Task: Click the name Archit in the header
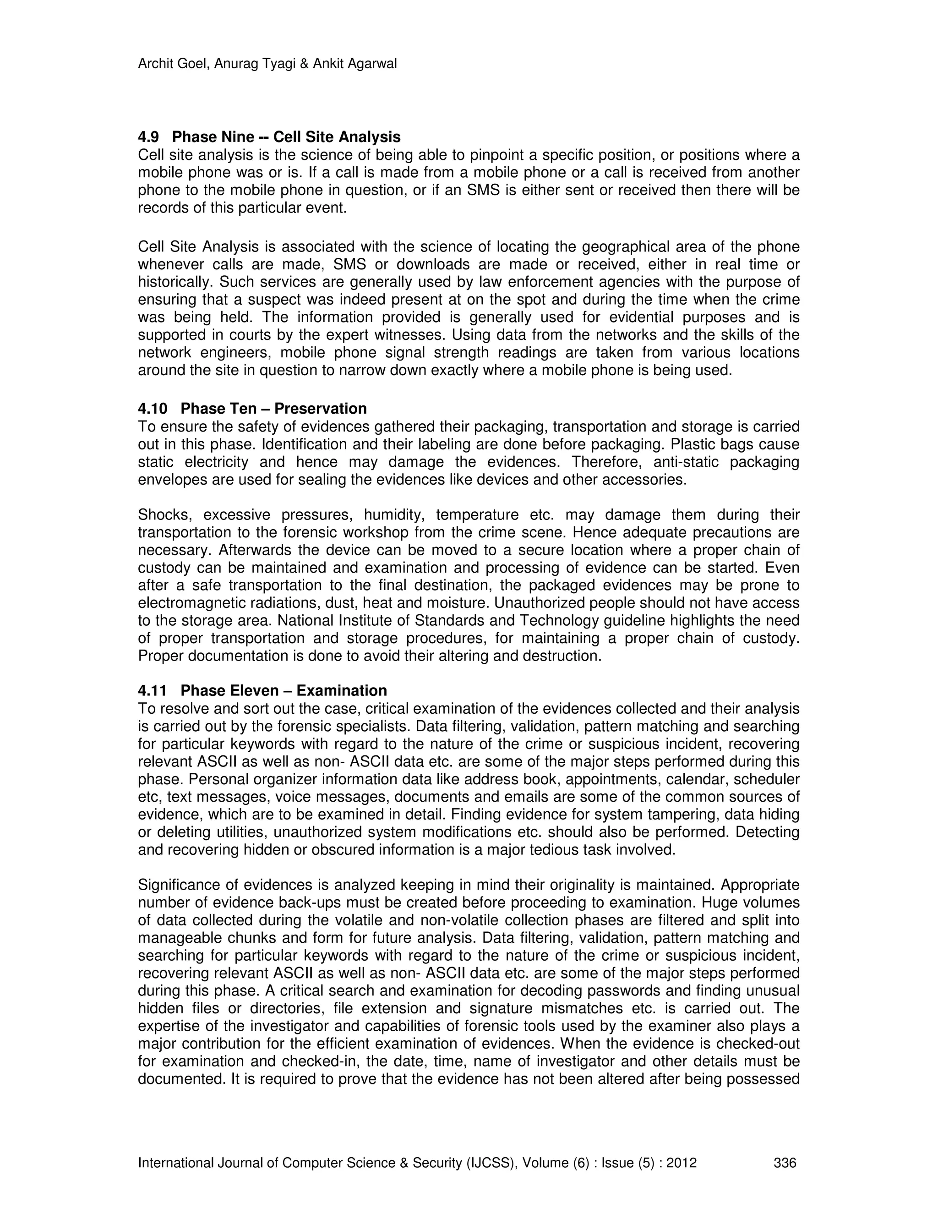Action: (153, 65)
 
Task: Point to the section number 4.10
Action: (152, 409)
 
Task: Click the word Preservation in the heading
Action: (320, 409)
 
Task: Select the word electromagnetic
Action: (190, 603)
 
